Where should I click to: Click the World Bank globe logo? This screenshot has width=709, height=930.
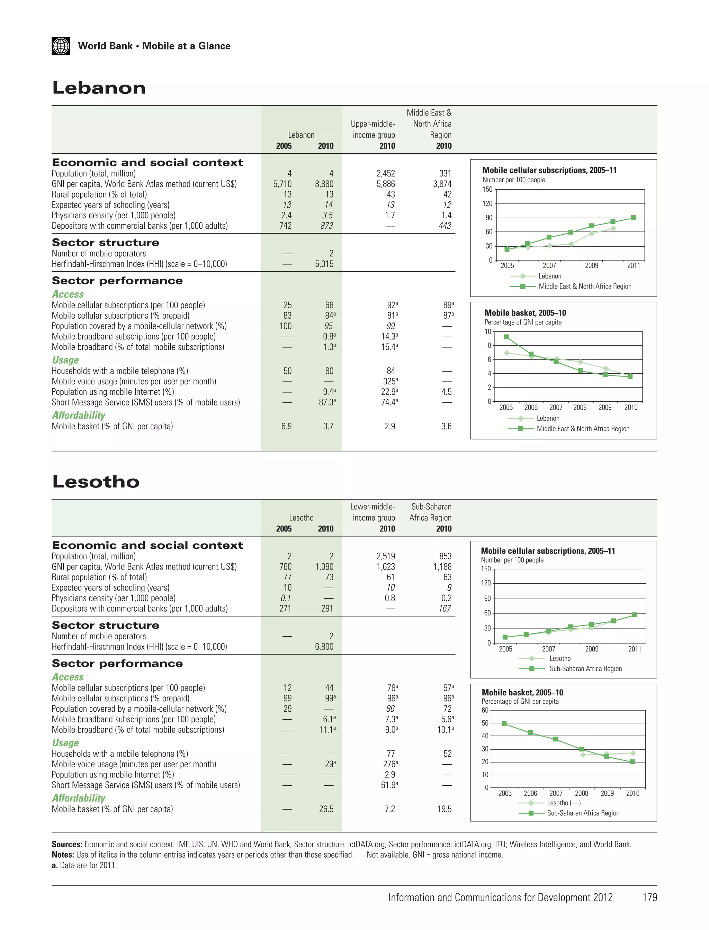61,46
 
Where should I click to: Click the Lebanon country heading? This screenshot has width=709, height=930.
99,88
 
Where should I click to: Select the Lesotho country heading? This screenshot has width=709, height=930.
96,482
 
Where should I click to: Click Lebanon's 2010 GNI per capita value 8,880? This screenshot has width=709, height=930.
324,184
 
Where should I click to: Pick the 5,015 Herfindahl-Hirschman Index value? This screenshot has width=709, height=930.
324,264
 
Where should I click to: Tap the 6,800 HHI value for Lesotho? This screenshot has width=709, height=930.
324,647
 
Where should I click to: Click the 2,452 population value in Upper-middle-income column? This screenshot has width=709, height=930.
386,173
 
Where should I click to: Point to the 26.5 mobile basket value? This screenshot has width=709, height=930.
326,809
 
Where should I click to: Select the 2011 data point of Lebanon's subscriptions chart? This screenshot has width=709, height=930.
634,218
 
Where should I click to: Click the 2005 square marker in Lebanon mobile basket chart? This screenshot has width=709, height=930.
506,337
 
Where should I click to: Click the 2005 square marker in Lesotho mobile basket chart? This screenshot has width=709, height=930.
504,723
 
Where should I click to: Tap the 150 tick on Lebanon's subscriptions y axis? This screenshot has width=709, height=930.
487,189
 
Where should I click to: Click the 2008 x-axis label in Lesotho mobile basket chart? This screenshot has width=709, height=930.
582,793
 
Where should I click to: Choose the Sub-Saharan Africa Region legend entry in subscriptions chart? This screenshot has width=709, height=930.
585,668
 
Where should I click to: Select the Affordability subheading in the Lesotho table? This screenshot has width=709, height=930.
79,798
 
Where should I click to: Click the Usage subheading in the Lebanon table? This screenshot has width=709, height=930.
65,360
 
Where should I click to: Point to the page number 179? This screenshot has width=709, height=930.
649,897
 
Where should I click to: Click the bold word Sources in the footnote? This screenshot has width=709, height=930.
67,845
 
